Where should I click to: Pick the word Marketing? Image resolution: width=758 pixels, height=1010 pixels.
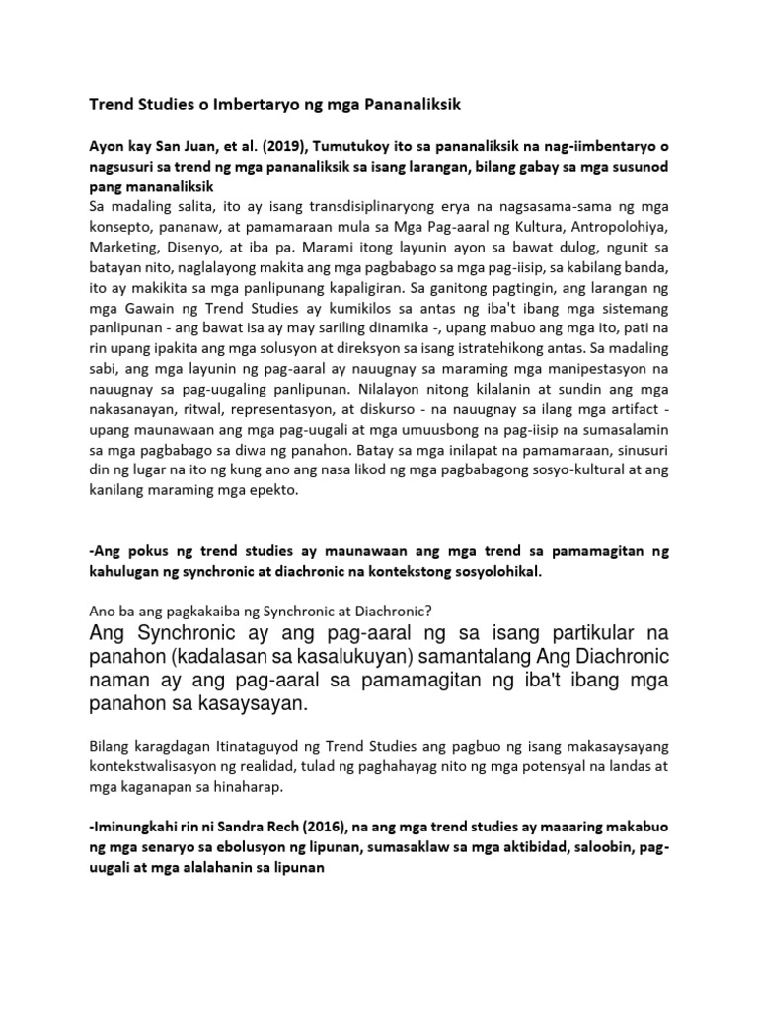click(x=122, y=251)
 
